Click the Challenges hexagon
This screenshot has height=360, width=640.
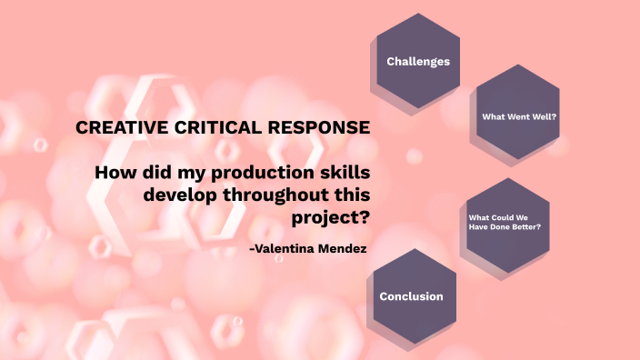click(418, 62)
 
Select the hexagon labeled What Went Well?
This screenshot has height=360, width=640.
click(518, 116)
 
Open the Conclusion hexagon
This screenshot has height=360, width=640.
click(412, 296)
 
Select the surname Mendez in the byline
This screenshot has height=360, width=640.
click(343, 248)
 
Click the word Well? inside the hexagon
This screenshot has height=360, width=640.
click(543, 116)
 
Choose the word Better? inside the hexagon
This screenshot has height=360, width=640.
click(526, 226)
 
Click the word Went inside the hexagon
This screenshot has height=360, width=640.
click(518, 116)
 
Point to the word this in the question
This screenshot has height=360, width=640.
click(350, 195)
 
